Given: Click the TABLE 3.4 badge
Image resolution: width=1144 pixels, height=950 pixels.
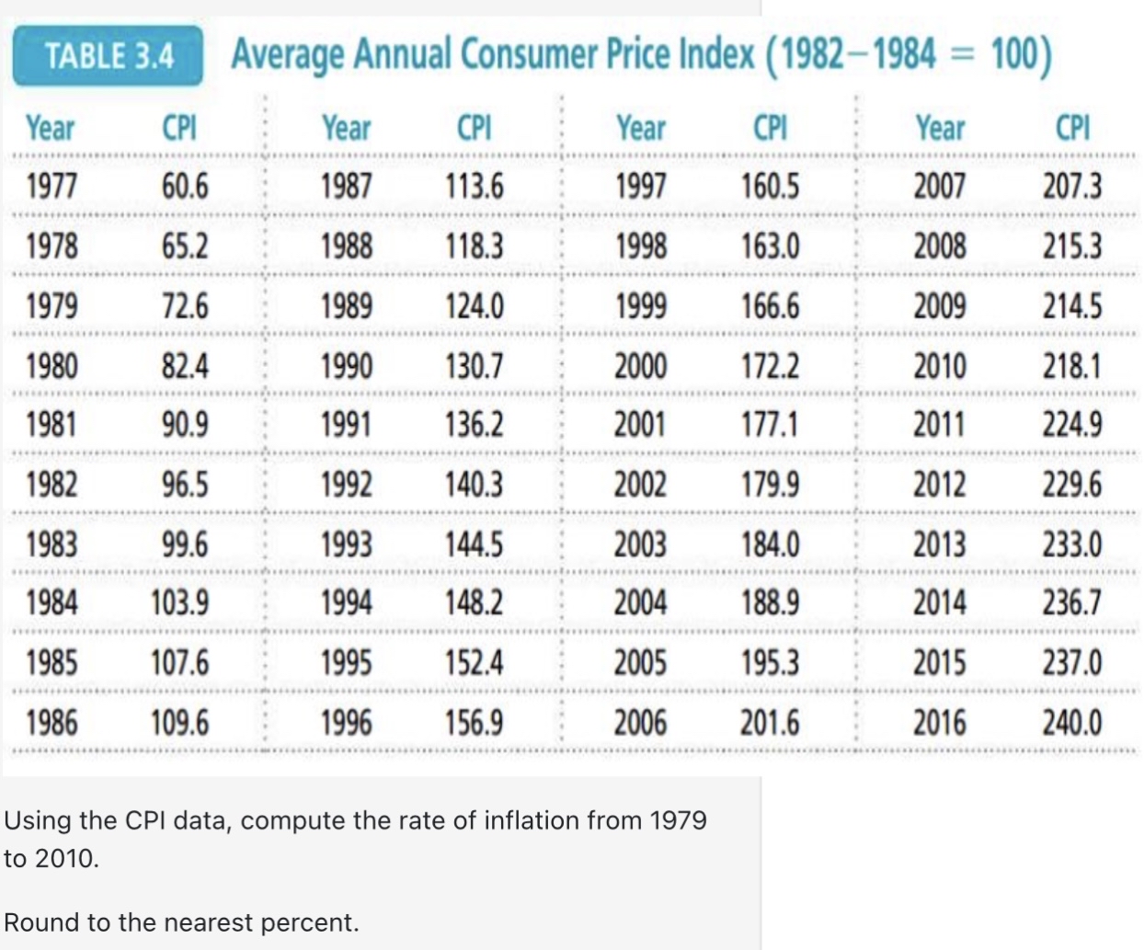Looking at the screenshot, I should [109, 56].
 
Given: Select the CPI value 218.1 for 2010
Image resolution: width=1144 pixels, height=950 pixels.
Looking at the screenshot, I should [1071, 366].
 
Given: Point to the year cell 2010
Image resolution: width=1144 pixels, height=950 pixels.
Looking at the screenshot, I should [939, 366].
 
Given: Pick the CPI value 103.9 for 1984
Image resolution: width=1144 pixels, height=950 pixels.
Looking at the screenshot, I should [179, 603].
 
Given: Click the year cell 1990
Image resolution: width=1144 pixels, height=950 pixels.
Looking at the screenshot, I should [346, 366].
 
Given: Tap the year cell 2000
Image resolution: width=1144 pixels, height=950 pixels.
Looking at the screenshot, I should [641, 366].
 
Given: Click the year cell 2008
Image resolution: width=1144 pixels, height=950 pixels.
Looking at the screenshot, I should [939, 246].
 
